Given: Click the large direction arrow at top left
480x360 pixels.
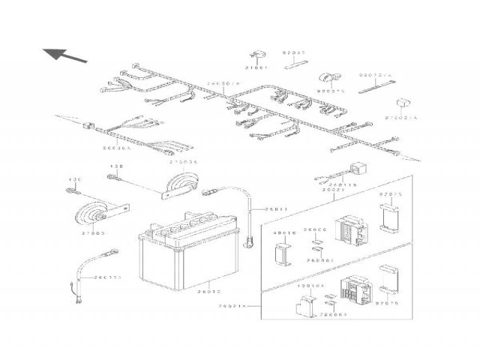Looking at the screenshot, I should [x=64, y=54].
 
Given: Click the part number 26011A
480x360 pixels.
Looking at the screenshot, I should [x=106, y=278].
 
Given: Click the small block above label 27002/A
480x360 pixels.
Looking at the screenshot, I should [x=403, y=103].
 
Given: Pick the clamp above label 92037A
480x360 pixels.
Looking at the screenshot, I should [x=328, y=77].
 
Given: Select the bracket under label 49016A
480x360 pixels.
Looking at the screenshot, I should [x=305, y=304].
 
